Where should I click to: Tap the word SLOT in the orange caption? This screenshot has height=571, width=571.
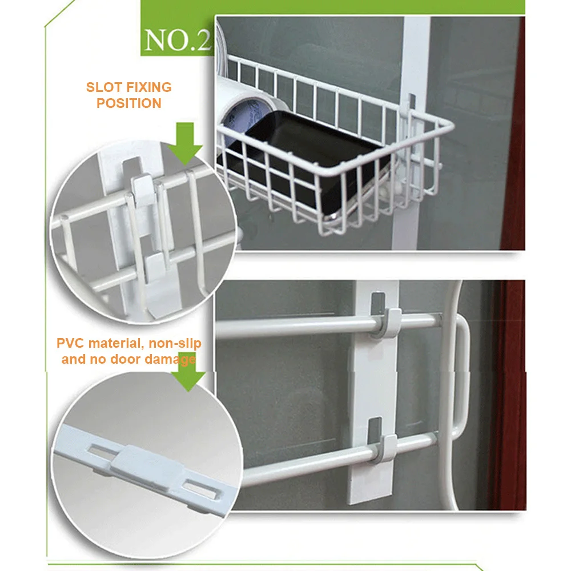coord(104,87)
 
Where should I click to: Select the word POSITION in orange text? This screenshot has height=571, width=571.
coord(128,103)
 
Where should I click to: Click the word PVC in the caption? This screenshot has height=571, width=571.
coord(70,344)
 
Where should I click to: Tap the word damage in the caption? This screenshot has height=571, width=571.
coord(171,359)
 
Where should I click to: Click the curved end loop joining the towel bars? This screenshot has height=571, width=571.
coord(461,377)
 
